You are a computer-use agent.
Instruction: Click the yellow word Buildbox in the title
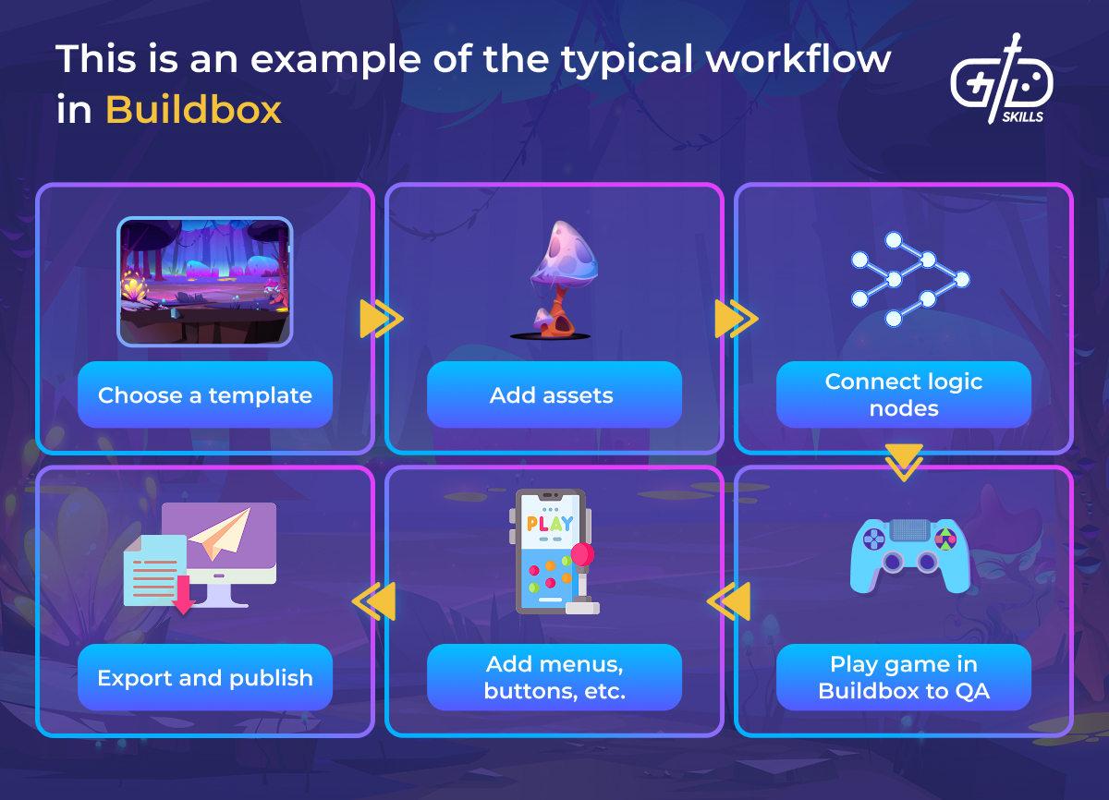193,110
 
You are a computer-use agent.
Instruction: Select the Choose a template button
205,395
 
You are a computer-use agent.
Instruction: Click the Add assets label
552,395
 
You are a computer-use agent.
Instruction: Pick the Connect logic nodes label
903,394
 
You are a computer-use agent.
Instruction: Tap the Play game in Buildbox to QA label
903,677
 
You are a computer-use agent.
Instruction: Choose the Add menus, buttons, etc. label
554,677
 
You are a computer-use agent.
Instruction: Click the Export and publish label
205,677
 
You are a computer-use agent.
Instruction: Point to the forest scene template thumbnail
204,282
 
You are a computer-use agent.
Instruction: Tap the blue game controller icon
909,555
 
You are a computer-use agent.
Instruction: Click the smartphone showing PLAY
552,551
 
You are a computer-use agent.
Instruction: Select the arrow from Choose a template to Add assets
381,319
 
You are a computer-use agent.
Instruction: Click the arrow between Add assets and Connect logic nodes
736,319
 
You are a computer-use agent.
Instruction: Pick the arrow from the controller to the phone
729,601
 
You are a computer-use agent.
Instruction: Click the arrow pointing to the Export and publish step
375,601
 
